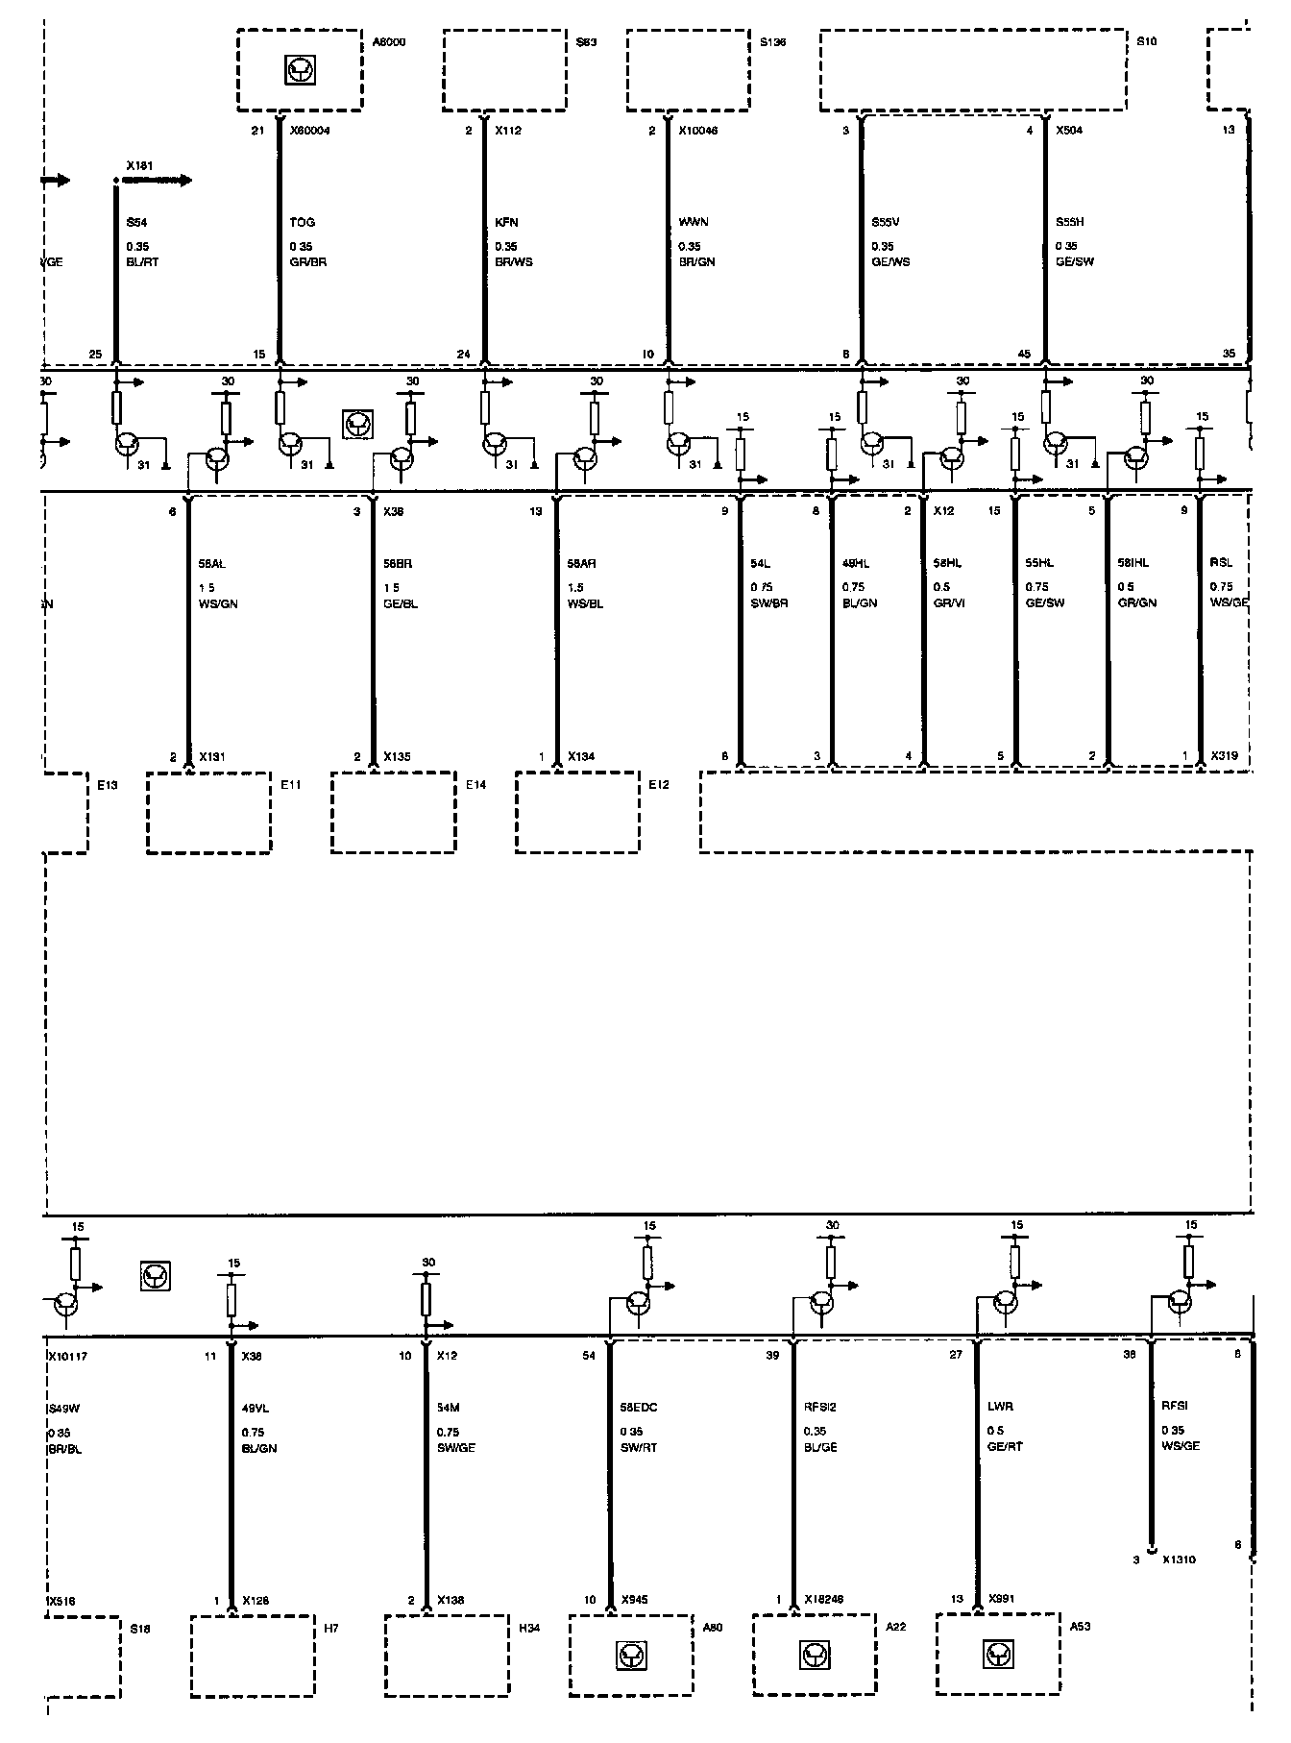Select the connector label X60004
pyautogui.click(x=309, y=131)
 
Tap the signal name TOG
pyautogui.click(x=302, y=223)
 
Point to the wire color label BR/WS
pyautogui.click(x=513, y=262)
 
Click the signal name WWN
pyautogui.click(x=694, y=223)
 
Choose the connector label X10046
pyautogui.click(x=698, y=131)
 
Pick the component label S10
pyautogui.click(x=1147, y=42)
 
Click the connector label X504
pyautogui.click(x=1069, y=131)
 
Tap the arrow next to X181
pyautogui.click(x=171, y=180)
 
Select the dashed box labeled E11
pyautogui.click(x=208, y=812)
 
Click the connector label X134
pyautogui.click(x=581, y=757)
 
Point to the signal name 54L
pyautogui.click(x=761, y=564)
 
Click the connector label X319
pyautogui.click(x=1224, y=757)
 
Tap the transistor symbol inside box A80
pyautogui.click(x=630, y=1656)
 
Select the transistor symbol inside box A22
pyautogui.click(x=814, y=1656)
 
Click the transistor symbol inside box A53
pyautogui.click(x=997, y=1654)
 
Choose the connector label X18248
pyautogui.click(x=823, y=1601)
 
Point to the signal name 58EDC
pyautogui.click(x=639, y=1408)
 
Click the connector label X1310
pyautogui.click(x=1179, y=1559)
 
